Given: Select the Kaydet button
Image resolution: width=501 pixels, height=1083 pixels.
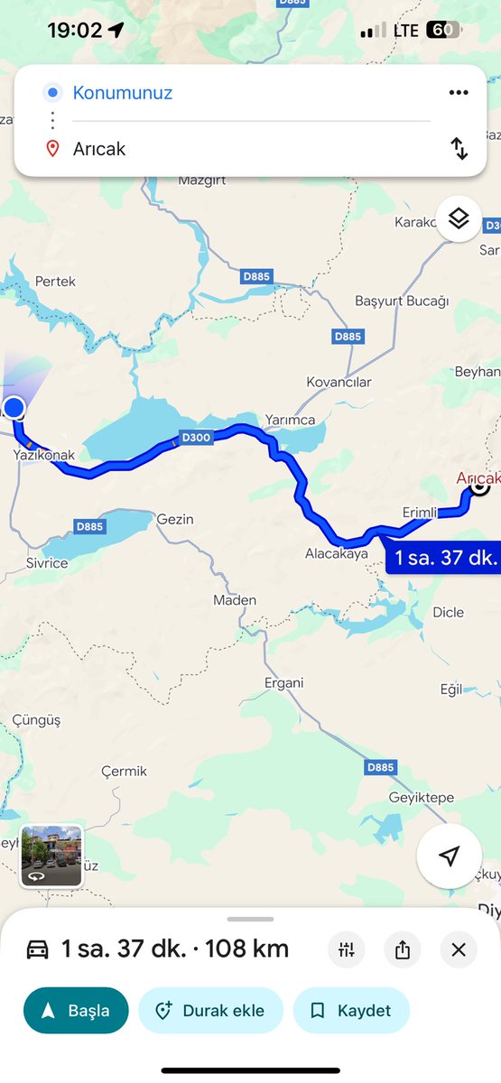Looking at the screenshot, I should pyautogui.click(x=351, y=1010).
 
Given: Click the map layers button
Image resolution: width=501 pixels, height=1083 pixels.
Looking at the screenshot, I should pyautogui.click(x=459, y=218).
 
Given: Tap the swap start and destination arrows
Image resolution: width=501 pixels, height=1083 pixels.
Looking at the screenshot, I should pyautogui.click(x=459, y=149).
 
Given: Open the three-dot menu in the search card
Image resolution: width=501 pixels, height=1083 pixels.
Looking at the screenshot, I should pyautogui.click(x=459, y=93).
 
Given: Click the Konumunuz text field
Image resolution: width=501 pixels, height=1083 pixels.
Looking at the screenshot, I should pyautogui.click(x=123, y=93).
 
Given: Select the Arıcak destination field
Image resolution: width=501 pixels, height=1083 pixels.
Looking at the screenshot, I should pyautogui.click(x=99, y=149).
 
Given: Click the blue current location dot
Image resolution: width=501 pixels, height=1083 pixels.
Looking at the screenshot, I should pyautogui.click(x=14, y=408).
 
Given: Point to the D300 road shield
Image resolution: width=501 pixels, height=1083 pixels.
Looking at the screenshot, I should pyautogui.click(x=195, y=438).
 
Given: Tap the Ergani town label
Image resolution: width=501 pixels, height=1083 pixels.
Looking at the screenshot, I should pyautogui.click(x=283, y=682).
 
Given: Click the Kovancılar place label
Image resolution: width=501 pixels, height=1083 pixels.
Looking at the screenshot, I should pyautogui.click(x=339, y=382).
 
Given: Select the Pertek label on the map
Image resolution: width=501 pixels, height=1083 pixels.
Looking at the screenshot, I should pyautogui.click(x=55, y=282).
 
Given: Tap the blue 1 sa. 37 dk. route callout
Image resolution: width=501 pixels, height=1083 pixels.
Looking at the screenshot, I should pyautogui.click(x=444, y=558).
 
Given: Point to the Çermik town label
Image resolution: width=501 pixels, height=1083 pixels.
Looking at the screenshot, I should pyautogui.click(x=124, y=772).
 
